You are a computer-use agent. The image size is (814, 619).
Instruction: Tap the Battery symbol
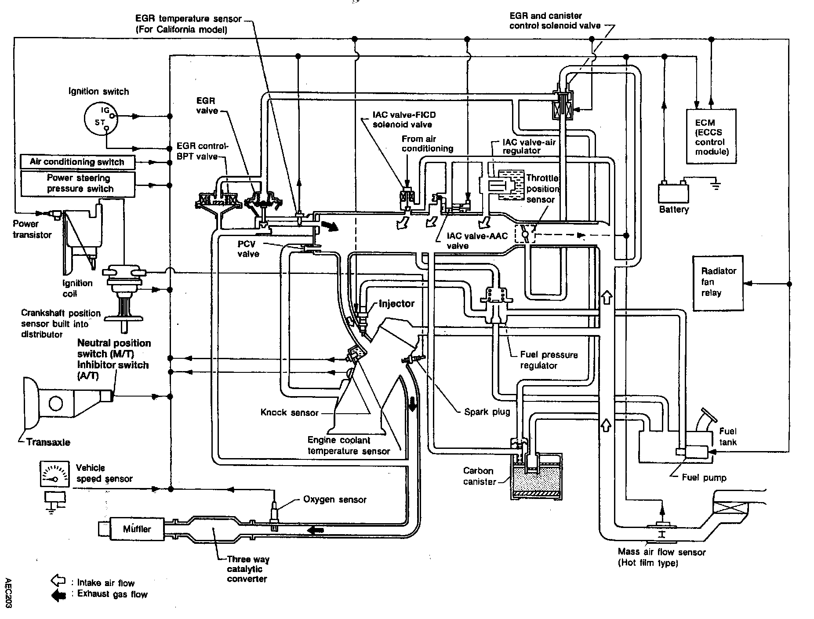click(x=673, y=192)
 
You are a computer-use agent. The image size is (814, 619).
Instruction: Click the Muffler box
click(x=137, y=529)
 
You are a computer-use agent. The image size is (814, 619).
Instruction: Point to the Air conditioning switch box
click(x=77, y=162)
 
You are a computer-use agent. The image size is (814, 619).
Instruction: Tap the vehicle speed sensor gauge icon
click(x=55, y=474)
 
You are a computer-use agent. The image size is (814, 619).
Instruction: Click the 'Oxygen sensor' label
click(x=334, y=500)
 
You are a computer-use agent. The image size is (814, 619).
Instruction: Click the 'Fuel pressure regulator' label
click(x=549, y=360)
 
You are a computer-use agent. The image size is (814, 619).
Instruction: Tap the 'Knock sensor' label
click(x=289, y=412)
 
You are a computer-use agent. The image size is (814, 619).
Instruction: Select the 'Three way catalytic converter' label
click(x=248, y=569)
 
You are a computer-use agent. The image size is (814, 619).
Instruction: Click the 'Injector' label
click(x=396, y=304)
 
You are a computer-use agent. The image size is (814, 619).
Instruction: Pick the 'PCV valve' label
click(x=248, y=249)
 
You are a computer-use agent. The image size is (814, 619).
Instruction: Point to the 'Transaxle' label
click(x=48, y=442)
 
